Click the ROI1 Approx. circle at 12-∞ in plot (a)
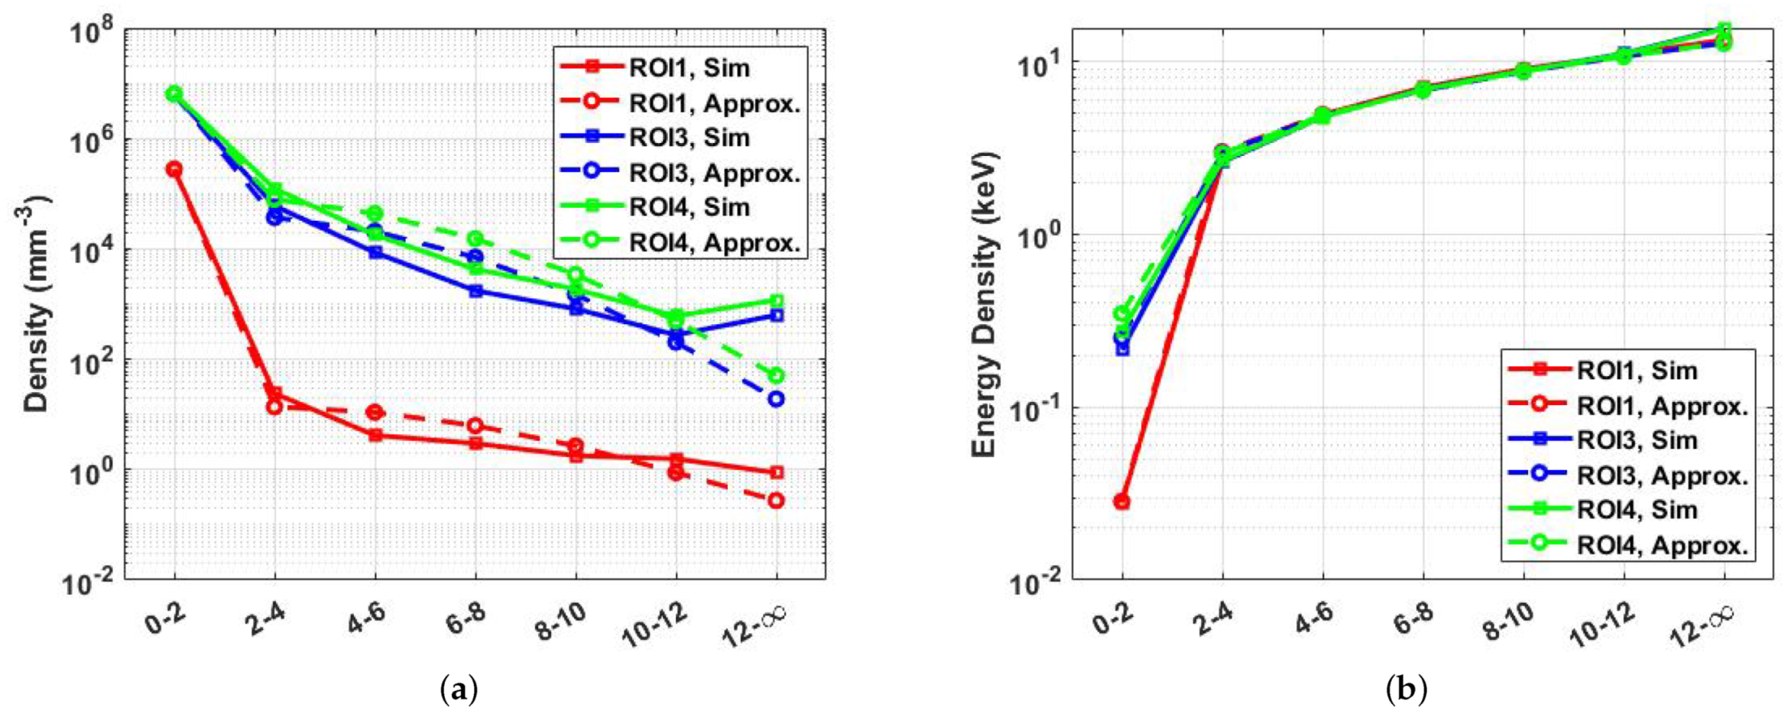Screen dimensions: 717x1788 pos(776,501)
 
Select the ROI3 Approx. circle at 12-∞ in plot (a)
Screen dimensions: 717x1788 pos(776,399)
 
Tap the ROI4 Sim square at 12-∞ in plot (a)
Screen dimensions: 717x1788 pos(776,300)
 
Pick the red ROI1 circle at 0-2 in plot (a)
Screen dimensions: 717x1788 pos(174,169)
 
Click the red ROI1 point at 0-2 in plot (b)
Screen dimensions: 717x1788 pos(1122,502)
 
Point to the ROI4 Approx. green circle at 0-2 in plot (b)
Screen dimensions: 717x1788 pos(1122,314)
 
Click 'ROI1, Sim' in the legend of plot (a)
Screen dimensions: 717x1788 pos(689,67)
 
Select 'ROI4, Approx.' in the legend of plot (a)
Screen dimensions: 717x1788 pos(714,242)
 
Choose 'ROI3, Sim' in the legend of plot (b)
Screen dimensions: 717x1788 pos(1637,440)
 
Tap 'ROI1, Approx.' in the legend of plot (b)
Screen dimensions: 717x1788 pos(1662,405)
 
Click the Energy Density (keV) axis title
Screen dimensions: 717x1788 pos(984,304)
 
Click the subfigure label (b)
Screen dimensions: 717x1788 pos(1407,691)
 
